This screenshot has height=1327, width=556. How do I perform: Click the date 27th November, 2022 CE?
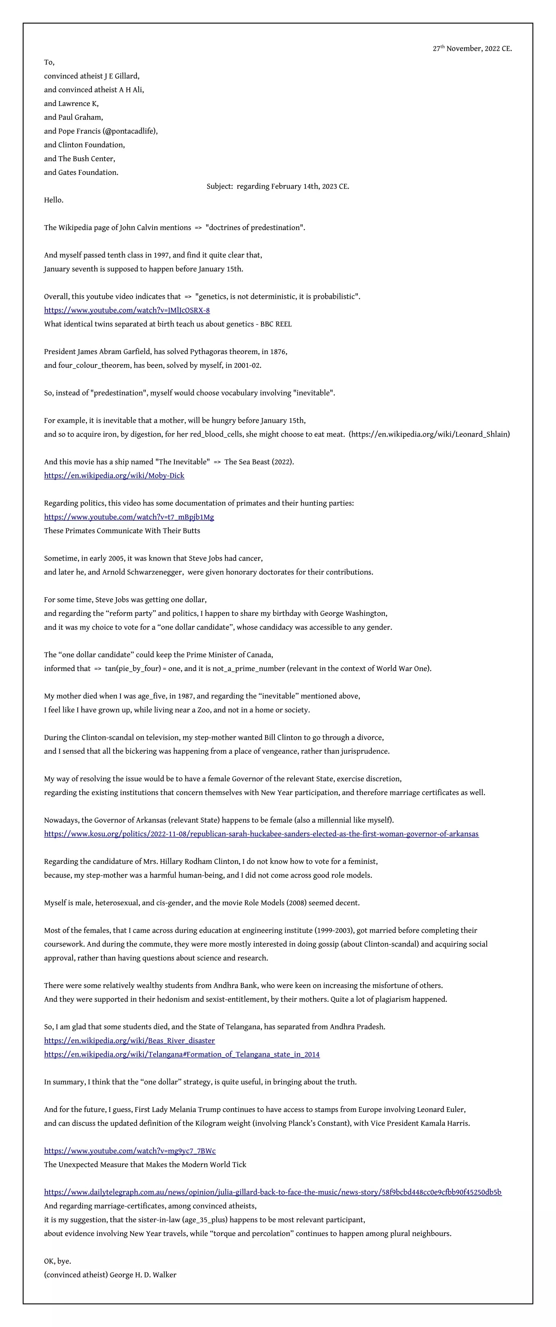(x=472, y=48)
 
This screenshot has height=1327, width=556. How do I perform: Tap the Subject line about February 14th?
(x=278, y=186)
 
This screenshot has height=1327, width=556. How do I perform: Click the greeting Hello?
(x=54, y=200)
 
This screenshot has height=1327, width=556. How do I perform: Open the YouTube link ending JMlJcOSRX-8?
(x=127, y=310)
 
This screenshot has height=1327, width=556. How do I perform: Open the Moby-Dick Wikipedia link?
(x=114, y=476)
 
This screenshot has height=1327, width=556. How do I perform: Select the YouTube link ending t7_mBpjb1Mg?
(x=129, y=517)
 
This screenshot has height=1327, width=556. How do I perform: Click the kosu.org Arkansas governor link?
(x=261, y=834)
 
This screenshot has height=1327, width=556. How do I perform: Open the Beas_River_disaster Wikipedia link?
(x=129, y=1040)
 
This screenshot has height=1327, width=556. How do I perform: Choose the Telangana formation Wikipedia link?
(x=181, y=1054)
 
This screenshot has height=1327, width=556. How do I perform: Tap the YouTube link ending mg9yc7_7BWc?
(x=130, y=1150)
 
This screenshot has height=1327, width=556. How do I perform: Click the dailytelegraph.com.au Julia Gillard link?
(x=273, y=1192)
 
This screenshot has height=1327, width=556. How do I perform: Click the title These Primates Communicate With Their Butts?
(x=122, y=530)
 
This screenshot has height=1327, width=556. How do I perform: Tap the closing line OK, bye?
(x=58, y=1261)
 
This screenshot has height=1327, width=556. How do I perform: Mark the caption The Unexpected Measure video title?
(x=145, y=1164)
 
